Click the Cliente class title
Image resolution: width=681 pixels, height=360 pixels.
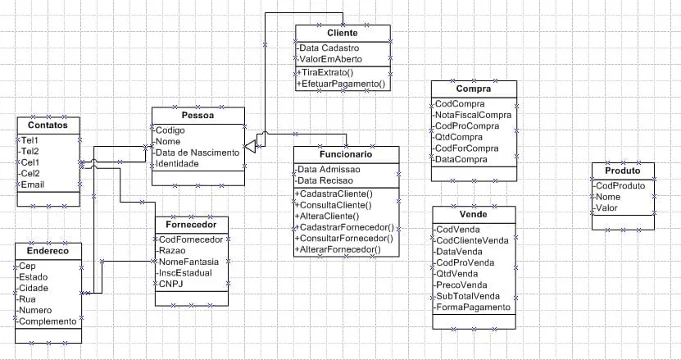[x=342, y=33]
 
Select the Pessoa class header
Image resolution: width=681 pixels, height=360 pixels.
[x=197, y=116]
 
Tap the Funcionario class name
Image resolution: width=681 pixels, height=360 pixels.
[x=345, y=154]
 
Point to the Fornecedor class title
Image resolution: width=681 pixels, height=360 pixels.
[x=191, y=224]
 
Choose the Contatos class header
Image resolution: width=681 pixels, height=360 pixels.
[x=48, y=125]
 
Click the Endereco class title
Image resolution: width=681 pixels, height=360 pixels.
[x=48, y=251]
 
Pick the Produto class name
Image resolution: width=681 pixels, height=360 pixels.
[x=623, y=171]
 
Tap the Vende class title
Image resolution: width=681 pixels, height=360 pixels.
[x=474, y=213]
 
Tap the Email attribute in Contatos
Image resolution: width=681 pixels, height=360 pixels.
[x=35, y=185]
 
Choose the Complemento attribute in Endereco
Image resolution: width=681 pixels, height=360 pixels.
[x=48, y=322]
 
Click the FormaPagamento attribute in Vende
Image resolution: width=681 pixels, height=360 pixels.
[x=474, y=308]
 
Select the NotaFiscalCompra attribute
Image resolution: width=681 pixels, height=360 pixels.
[x=473, y=116]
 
